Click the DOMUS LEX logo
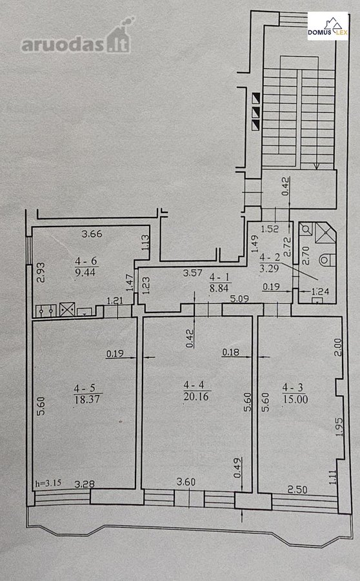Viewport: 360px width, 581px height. pos(328,26)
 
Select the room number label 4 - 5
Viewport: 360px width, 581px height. pos(85,389)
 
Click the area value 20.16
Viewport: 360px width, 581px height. pos(196,396)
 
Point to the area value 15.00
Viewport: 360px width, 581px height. pos(295,399)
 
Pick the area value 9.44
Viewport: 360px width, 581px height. pos(85,272)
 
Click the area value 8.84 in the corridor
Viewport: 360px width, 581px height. pos(219,288)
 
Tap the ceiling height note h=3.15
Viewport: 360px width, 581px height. pos(48,483)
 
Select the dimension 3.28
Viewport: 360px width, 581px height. pos(85,484)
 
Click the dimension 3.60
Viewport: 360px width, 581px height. pos(186,482)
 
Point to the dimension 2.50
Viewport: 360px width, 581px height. pos(297,490)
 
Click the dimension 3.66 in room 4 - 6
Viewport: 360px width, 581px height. pos(92,234)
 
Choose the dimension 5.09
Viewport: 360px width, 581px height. pos(239,298)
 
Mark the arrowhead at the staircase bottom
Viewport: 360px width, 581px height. pos(316,167)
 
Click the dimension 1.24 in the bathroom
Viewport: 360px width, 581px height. pos(320,292)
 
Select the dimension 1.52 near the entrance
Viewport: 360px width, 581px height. pos(270,229)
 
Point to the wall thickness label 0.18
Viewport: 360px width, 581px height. pos(230,352)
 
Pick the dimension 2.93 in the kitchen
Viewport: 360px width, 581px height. pos(41,272)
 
